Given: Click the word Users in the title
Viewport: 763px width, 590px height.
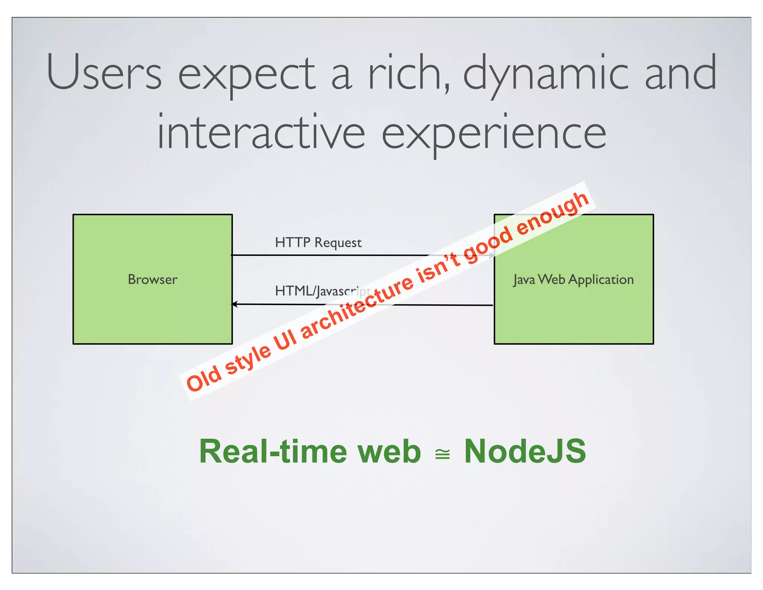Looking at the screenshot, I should pyautogui.click(x=104, y=73).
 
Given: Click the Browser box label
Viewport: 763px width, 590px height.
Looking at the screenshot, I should pyautogui.click(x=152, y=279).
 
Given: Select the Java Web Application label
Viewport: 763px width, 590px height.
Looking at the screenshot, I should pyautogui.click(x=573, y=279).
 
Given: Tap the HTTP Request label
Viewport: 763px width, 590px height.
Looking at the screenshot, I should pyautogui.click(x=318, y=243).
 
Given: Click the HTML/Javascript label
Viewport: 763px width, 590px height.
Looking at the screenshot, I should pyautogui.click(x=322, y=291).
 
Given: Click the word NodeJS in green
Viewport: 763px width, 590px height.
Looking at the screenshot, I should pyautogui.click(x=525, y=452).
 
